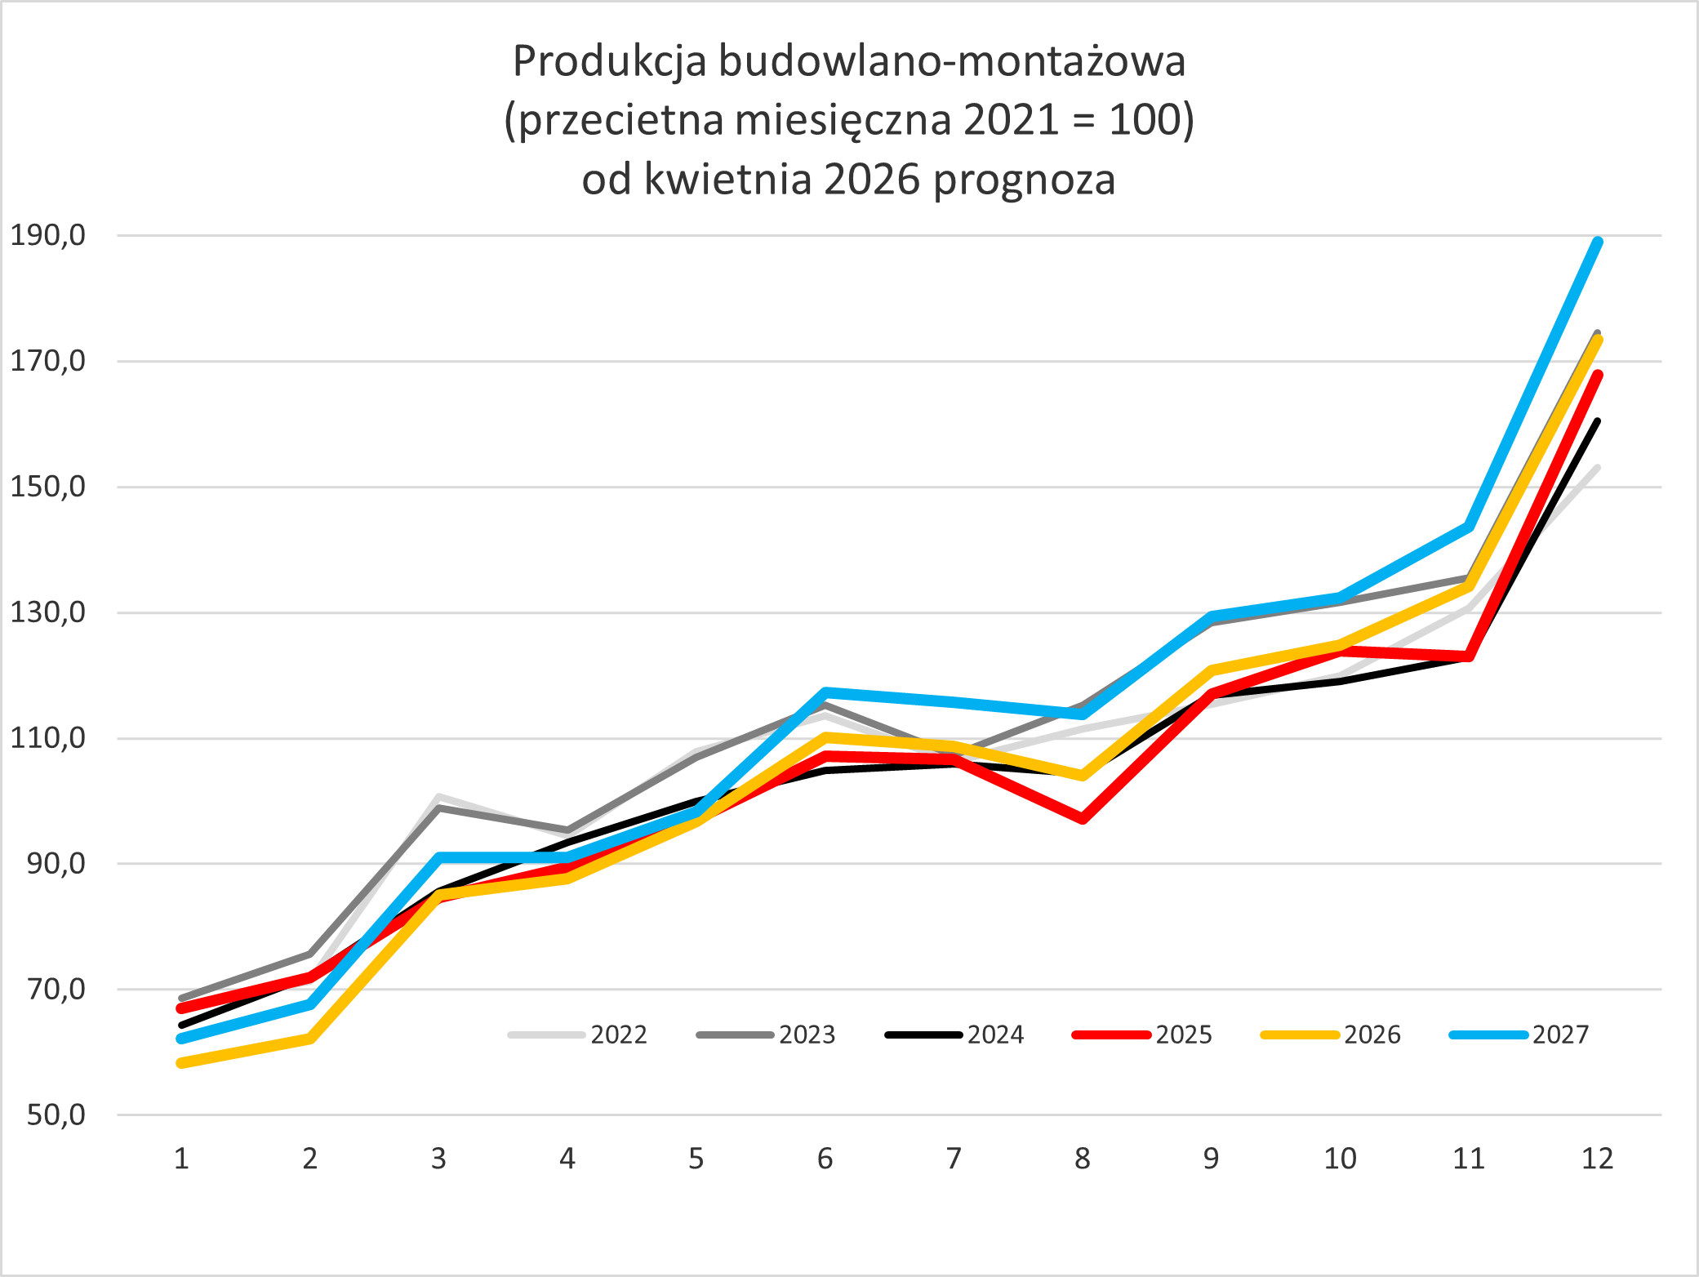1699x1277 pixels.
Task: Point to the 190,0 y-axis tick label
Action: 47,235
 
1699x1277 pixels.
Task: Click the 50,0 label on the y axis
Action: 56,1115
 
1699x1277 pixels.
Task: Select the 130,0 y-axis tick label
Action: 47,612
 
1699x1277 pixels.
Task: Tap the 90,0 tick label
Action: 56,863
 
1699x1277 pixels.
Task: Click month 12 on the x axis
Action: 1597,1158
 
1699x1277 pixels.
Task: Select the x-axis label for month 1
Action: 181,1158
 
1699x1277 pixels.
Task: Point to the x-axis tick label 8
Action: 1082,1158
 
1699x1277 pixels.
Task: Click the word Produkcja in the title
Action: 609,62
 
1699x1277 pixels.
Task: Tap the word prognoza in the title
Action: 1024,180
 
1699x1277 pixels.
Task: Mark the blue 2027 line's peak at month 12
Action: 1598,242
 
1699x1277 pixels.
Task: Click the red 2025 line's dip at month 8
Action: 1083,818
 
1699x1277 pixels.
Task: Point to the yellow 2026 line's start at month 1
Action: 182,1063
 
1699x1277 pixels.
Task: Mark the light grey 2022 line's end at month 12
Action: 1597,468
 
